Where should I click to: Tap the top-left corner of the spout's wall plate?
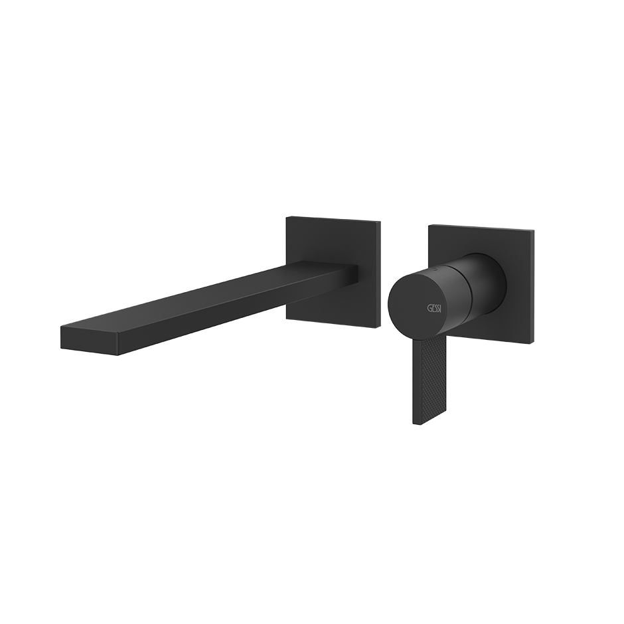tap(287, 217)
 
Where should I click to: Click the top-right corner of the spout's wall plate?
tap(380, 221)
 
